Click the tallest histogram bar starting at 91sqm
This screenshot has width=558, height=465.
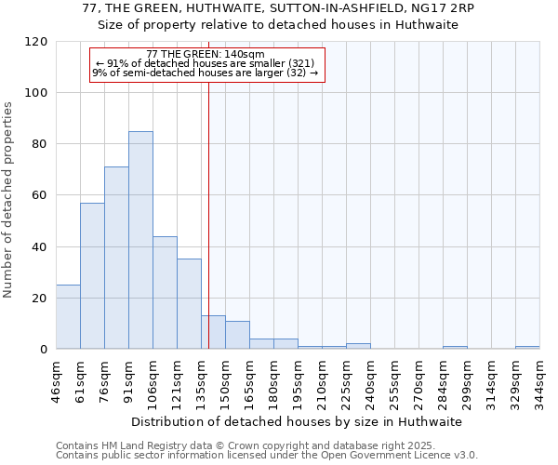[x=140, y=240]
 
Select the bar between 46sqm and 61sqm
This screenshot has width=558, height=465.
[x=68, y=316]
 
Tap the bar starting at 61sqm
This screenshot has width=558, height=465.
[x=92, y=275]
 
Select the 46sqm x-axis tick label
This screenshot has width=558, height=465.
[x=56, y=380]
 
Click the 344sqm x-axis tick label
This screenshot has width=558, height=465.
[x=539, y=380]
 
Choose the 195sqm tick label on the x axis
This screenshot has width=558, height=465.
[x=298, y=380]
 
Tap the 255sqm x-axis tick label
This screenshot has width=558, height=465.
[x=394, y=380]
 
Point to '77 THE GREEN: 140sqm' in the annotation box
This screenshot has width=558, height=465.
[x=206, y=55]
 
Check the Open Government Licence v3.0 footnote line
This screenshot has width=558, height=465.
[x=266, y=456]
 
